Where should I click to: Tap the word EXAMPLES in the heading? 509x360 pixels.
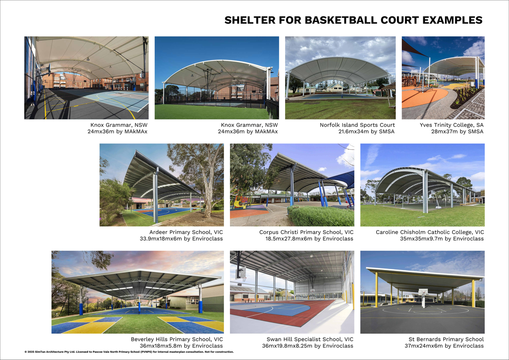(452, 20)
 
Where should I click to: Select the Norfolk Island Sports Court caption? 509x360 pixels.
(357, 125)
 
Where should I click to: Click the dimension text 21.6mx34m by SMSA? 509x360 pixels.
(366, 131)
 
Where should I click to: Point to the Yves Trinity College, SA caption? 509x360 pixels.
(451, 125)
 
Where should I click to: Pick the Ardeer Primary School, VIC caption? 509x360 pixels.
(186, 232)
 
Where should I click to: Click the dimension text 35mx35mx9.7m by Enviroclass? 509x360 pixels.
(442, 239)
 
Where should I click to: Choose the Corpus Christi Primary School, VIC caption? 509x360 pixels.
(306, 232)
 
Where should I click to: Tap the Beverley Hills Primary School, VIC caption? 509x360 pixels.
(177, 339)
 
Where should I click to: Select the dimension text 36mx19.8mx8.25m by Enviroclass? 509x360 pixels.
(308, 346)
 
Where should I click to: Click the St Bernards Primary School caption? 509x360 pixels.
(446, 339)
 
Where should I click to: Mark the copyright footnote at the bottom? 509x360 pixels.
(129, 352)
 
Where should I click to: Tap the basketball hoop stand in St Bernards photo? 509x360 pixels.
(423, 298)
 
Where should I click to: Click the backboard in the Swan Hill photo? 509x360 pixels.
(241, 272)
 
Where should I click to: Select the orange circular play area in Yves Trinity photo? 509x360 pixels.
(425, 98)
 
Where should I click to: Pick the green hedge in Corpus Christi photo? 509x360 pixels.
(321, 216)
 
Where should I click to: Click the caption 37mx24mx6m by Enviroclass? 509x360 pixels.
(444, 346)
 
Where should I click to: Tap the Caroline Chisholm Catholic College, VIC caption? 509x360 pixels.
(430, 232)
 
